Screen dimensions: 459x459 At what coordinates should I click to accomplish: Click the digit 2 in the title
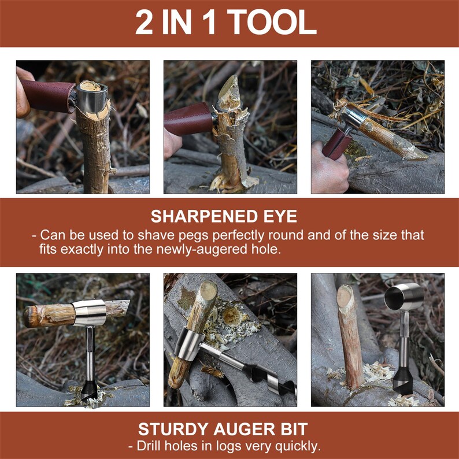(145, 23)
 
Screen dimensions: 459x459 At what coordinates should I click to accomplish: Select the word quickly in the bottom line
(299, 446)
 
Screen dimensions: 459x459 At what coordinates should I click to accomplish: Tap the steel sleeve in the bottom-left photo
(90, 312)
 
